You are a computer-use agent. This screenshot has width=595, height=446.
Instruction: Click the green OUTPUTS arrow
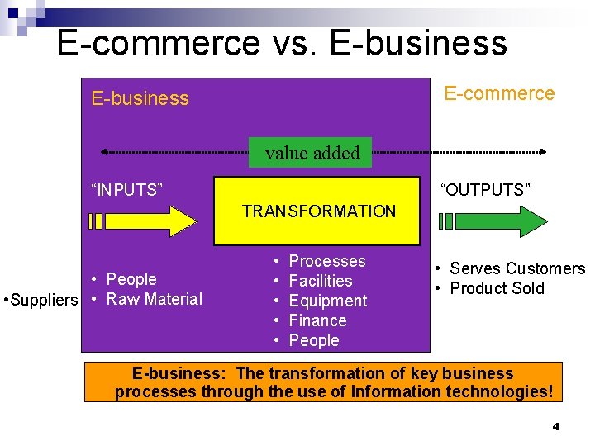point(493,221)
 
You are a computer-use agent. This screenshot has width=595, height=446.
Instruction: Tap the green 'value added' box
point(312,153)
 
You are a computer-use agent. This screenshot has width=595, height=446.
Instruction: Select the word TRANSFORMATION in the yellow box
point(319,211)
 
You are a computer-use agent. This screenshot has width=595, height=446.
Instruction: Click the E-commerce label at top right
point(499,93)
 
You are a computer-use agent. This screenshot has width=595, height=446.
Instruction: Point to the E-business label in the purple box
point(140,98)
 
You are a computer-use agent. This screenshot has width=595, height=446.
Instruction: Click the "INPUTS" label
point(126,190)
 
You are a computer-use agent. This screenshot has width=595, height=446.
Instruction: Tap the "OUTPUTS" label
point(485,190)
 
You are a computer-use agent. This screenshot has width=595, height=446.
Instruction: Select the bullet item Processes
point(326,261)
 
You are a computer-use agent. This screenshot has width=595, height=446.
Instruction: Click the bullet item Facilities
point(321,281)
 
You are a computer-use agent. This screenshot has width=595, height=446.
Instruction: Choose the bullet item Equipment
point(327,301)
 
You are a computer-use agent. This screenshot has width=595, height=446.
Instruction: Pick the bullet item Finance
point(317,320)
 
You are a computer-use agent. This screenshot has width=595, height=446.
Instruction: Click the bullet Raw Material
point(155,299)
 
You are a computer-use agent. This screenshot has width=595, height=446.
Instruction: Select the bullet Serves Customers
point(516,268)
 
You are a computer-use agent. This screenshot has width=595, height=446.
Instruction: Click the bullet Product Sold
point(497,288)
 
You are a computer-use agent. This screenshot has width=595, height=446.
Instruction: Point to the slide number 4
point(555,426)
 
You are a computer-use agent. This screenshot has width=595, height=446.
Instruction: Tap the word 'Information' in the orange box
point(392,391)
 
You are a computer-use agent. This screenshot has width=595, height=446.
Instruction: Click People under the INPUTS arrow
point(131,279)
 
